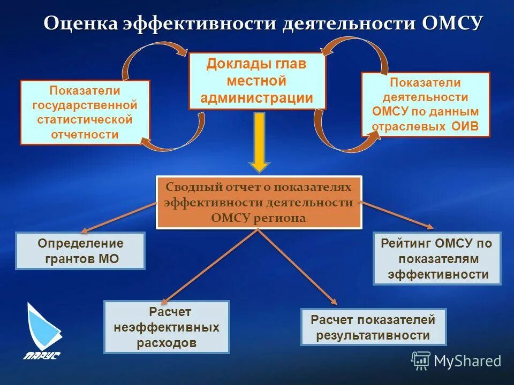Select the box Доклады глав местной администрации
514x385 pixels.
[x=257, y=81]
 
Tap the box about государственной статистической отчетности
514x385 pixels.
[x=85, y=112]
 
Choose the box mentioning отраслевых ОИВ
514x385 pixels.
[x=426, y=105]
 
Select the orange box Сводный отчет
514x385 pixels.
[x=259, y=202]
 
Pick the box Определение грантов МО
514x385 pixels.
[x=80, y=251]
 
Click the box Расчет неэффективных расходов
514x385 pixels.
[x=167, y=327]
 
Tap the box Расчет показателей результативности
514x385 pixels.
[x=373, y=327]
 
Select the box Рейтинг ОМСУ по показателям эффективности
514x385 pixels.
[x=437, y=258]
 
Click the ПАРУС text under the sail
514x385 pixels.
[x=41, y=355]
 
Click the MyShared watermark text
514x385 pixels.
[x=467, y=361]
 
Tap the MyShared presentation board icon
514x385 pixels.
[x=421, y=361]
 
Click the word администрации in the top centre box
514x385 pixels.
[x=257, y=98]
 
